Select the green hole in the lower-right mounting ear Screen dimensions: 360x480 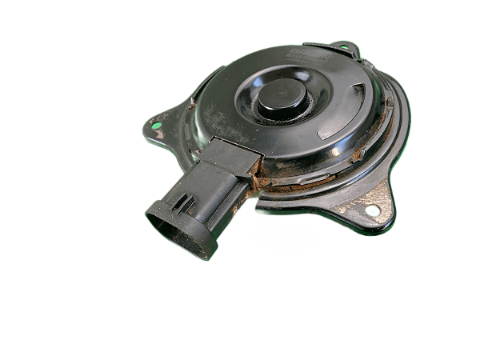point(371,211)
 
